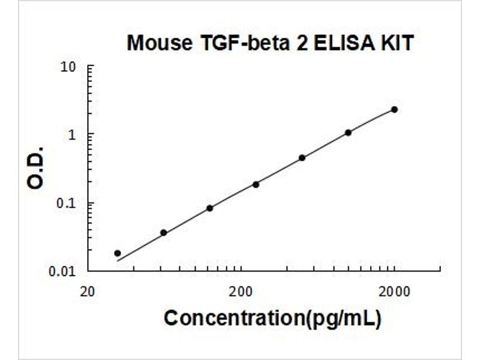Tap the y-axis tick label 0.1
tap(67, 203)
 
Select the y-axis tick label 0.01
tap(64, 271)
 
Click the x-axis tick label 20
tap(88, 292)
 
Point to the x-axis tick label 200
tap(241, 292)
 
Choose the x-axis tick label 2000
tap(394, 292)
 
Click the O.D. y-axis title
tap(36, 167)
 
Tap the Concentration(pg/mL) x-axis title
tap(272, 319)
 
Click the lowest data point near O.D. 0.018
tap(117, 253)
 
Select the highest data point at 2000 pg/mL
tap(394, 109)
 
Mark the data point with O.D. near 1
tap(348, 133)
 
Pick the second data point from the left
tap(163, 232)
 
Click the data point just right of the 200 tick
tap(256, 184)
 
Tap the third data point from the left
tap(209, 208)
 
